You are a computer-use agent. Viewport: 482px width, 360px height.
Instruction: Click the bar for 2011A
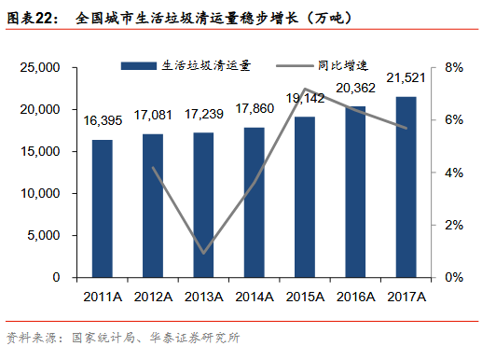coord(103,209)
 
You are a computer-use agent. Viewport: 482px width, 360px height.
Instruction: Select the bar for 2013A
coord(203,205)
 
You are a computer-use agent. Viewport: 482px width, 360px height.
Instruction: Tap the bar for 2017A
coord(406,187)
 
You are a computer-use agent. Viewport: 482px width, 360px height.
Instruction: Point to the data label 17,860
coord(255,108)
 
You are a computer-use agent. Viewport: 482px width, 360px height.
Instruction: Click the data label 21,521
coord(406,77)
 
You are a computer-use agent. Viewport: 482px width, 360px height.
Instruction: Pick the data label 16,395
coord(103,120)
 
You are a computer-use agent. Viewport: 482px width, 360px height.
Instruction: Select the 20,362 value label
coord(355,88)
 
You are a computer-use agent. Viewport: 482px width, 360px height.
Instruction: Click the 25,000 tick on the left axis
coord(40,67)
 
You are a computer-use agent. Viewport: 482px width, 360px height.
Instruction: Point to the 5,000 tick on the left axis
coord(44,235)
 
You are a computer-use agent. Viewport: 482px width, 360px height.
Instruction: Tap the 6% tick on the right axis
coord(454,120)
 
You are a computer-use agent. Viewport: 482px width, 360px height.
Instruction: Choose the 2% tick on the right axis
coord(454,225)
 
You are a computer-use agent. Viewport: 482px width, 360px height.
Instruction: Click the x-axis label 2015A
coord(305,297)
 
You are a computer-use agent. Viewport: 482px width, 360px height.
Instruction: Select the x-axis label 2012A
coord(153,297)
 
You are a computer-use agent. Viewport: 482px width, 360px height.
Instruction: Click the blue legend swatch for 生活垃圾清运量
coord(139,66)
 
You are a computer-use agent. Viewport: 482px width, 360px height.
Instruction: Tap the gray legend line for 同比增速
coord(295,66)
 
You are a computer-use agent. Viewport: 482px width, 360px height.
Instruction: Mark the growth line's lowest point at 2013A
coord(203,253)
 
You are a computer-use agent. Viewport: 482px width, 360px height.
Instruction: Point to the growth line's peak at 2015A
coord(305,89)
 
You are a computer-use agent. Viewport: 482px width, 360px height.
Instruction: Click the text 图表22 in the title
coord(30,19)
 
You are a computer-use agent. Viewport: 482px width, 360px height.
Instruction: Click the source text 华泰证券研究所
coord(195,338)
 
